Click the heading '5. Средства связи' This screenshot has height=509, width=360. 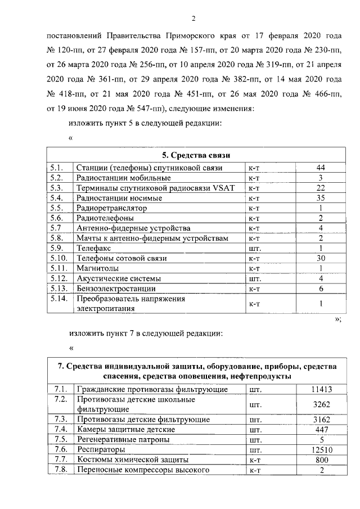click(195, 155)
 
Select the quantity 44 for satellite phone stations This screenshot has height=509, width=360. click(321, 168)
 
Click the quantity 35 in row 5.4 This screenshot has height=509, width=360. click(321, 198)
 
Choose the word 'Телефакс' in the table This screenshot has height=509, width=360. click(94, 248)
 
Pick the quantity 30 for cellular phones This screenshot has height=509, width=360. click(321, 258)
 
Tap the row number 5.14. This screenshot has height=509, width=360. click(58, 299)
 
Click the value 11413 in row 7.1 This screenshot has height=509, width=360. click(321, 389)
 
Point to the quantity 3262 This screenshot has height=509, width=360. click(321, 404)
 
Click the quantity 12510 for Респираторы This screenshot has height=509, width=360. click(321, 450)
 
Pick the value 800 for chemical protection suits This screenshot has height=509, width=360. click(321, 460)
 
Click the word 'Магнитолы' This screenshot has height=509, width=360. click(97, 268)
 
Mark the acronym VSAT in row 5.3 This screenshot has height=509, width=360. click(226, 188)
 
